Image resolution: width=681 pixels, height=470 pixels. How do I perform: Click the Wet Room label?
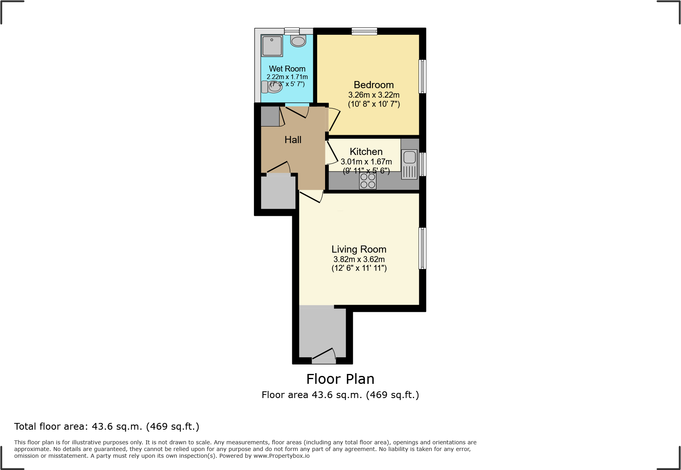pyautogui.click(x=287, y=69)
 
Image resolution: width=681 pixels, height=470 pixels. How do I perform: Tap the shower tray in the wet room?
pyautogui.click(x=272, y=46)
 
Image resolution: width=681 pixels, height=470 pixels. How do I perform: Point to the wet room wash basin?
pyautogui.click(x=298, y=41)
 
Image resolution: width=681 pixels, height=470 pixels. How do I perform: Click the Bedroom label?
pyautogui.click(x=374, y=85)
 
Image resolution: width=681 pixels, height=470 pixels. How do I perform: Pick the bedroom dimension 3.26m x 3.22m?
pyautogui.click(x=374, y=95)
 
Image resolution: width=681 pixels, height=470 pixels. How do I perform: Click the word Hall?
pyautogui.click(x=293, y=140)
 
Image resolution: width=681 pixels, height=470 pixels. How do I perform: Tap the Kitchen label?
pyautogui.click(x=366, y=152)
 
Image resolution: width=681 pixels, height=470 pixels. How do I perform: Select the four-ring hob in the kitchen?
pyautogui.click(x=368, y=181)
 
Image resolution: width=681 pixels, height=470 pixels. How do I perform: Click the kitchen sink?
pyautogui.click(x=409, y=157)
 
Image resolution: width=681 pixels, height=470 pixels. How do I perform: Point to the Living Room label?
pyautogui.click(x=359, y=249)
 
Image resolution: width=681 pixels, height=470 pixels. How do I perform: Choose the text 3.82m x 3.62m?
pyautogui.click(x=359, y=259)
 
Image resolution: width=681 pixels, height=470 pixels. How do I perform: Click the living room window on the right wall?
pyautogui.click(x=422, y=248)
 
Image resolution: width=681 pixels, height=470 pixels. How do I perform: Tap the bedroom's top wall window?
pyautogui.click(x=364, y=31)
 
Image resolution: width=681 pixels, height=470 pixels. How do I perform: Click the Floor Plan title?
pyautogui.click(x=340, y=379)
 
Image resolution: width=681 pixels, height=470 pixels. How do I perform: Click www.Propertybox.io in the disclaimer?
pyautogui.click(x=281, y=456)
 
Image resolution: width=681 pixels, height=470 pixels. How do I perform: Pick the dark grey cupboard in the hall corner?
pyautogui.click(x=270, y=116)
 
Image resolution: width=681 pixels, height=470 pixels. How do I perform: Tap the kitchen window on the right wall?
pyautogui.click(x=422, y=164)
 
